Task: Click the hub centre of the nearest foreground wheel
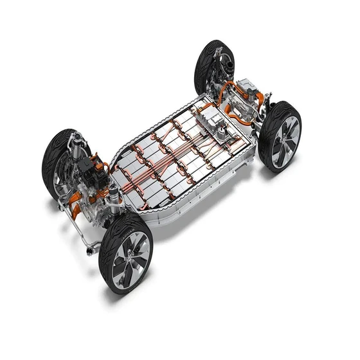pyautogui.click(x=130, y=255)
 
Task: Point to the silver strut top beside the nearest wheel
pyautogui.click(x=113, y=192)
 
